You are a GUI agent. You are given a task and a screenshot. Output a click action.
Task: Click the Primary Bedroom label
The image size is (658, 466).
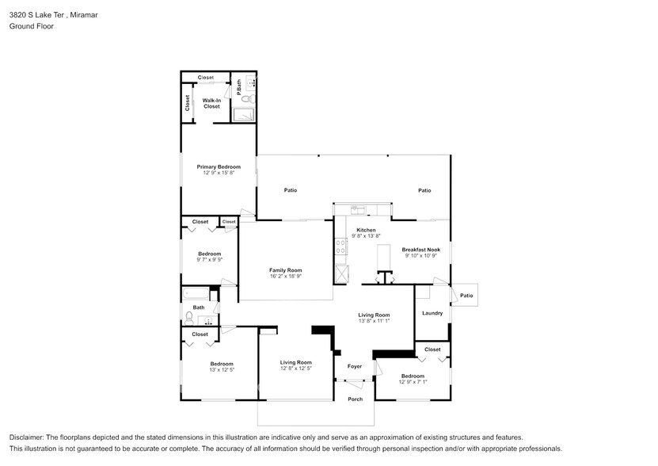(x=219, y=166)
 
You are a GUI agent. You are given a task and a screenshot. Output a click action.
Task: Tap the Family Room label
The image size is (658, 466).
(x=285, y=270)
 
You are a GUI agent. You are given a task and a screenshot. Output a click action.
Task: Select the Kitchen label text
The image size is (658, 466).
(x=366, y=230)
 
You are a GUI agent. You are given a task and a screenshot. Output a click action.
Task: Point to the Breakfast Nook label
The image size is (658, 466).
(x=421, y=250)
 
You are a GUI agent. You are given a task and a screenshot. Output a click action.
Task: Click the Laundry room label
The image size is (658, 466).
(x=432, y=313)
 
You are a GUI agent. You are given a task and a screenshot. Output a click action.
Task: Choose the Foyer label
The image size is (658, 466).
(x=355, y=366)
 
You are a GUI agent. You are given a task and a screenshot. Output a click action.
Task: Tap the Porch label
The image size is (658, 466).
(x=355, y=399)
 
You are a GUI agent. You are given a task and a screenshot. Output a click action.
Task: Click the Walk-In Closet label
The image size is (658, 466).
(x=211, y=103)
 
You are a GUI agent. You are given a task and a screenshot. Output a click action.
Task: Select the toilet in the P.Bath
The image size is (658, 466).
(x=249, y=99)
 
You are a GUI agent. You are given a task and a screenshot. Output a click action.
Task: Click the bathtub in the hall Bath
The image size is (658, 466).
(x=196, y=293)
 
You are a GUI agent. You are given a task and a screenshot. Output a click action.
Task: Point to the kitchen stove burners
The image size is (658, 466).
(x=340, y=246)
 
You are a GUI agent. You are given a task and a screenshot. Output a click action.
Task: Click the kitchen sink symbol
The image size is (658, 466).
(x=358, y=209)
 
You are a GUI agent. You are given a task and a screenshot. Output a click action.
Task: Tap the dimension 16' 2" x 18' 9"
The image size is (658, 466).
(x=285, y=276)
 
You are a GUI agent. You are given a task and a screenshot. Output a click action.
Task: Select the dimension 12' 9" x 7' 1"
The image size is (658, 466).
(x=413, y=382)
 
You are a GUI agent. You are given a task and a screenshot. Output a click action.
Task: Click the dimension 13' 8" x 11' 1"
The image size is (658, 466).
(x=374, y=321)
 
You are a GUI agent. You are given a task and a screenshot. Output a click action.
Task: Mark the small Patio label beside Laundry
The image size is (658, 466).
(x=466, y=296)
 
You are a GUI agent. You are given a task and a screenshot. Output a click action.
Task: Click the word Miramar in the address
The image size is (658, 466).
(x=84, y=15)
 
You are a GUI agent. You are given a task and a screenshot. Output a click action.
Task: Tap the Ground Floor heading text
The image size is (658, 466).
(x=32, y=26)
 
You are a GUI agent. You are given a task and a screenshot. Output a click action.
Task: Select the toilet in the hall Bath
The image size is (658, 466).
(x=189, y=318)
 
